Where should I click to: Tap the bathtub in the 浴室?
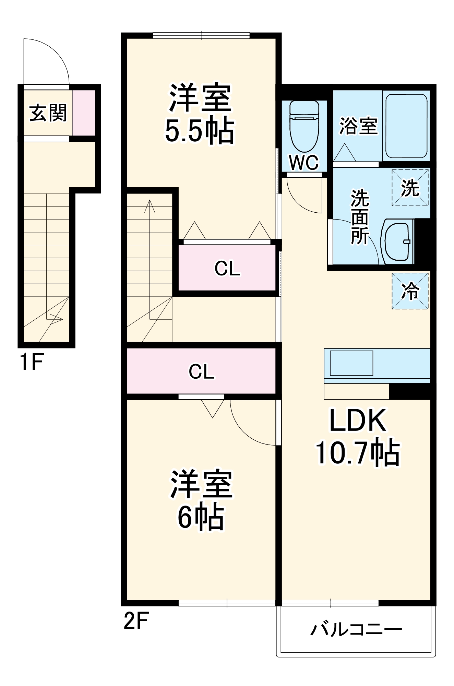406,126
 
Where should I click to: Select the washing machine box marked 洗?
410,188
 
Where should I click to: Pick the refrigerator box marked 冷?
410,291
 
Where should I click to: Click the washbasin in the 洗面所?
397,241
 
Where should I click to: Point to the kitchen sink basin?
351,363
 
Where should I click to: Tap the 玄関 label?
48,113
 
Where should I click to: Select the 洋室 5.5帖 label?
200,114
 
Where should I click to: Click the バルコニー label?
356,629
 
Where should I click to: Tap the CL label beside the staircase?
227,269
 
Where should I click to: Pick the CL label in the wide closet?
201,371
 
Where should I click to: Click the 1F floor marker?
32,362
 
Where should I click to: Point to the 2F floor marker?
136,621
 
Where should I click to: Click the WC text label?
304,163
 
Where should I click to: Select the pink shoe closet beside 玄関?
84,113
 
